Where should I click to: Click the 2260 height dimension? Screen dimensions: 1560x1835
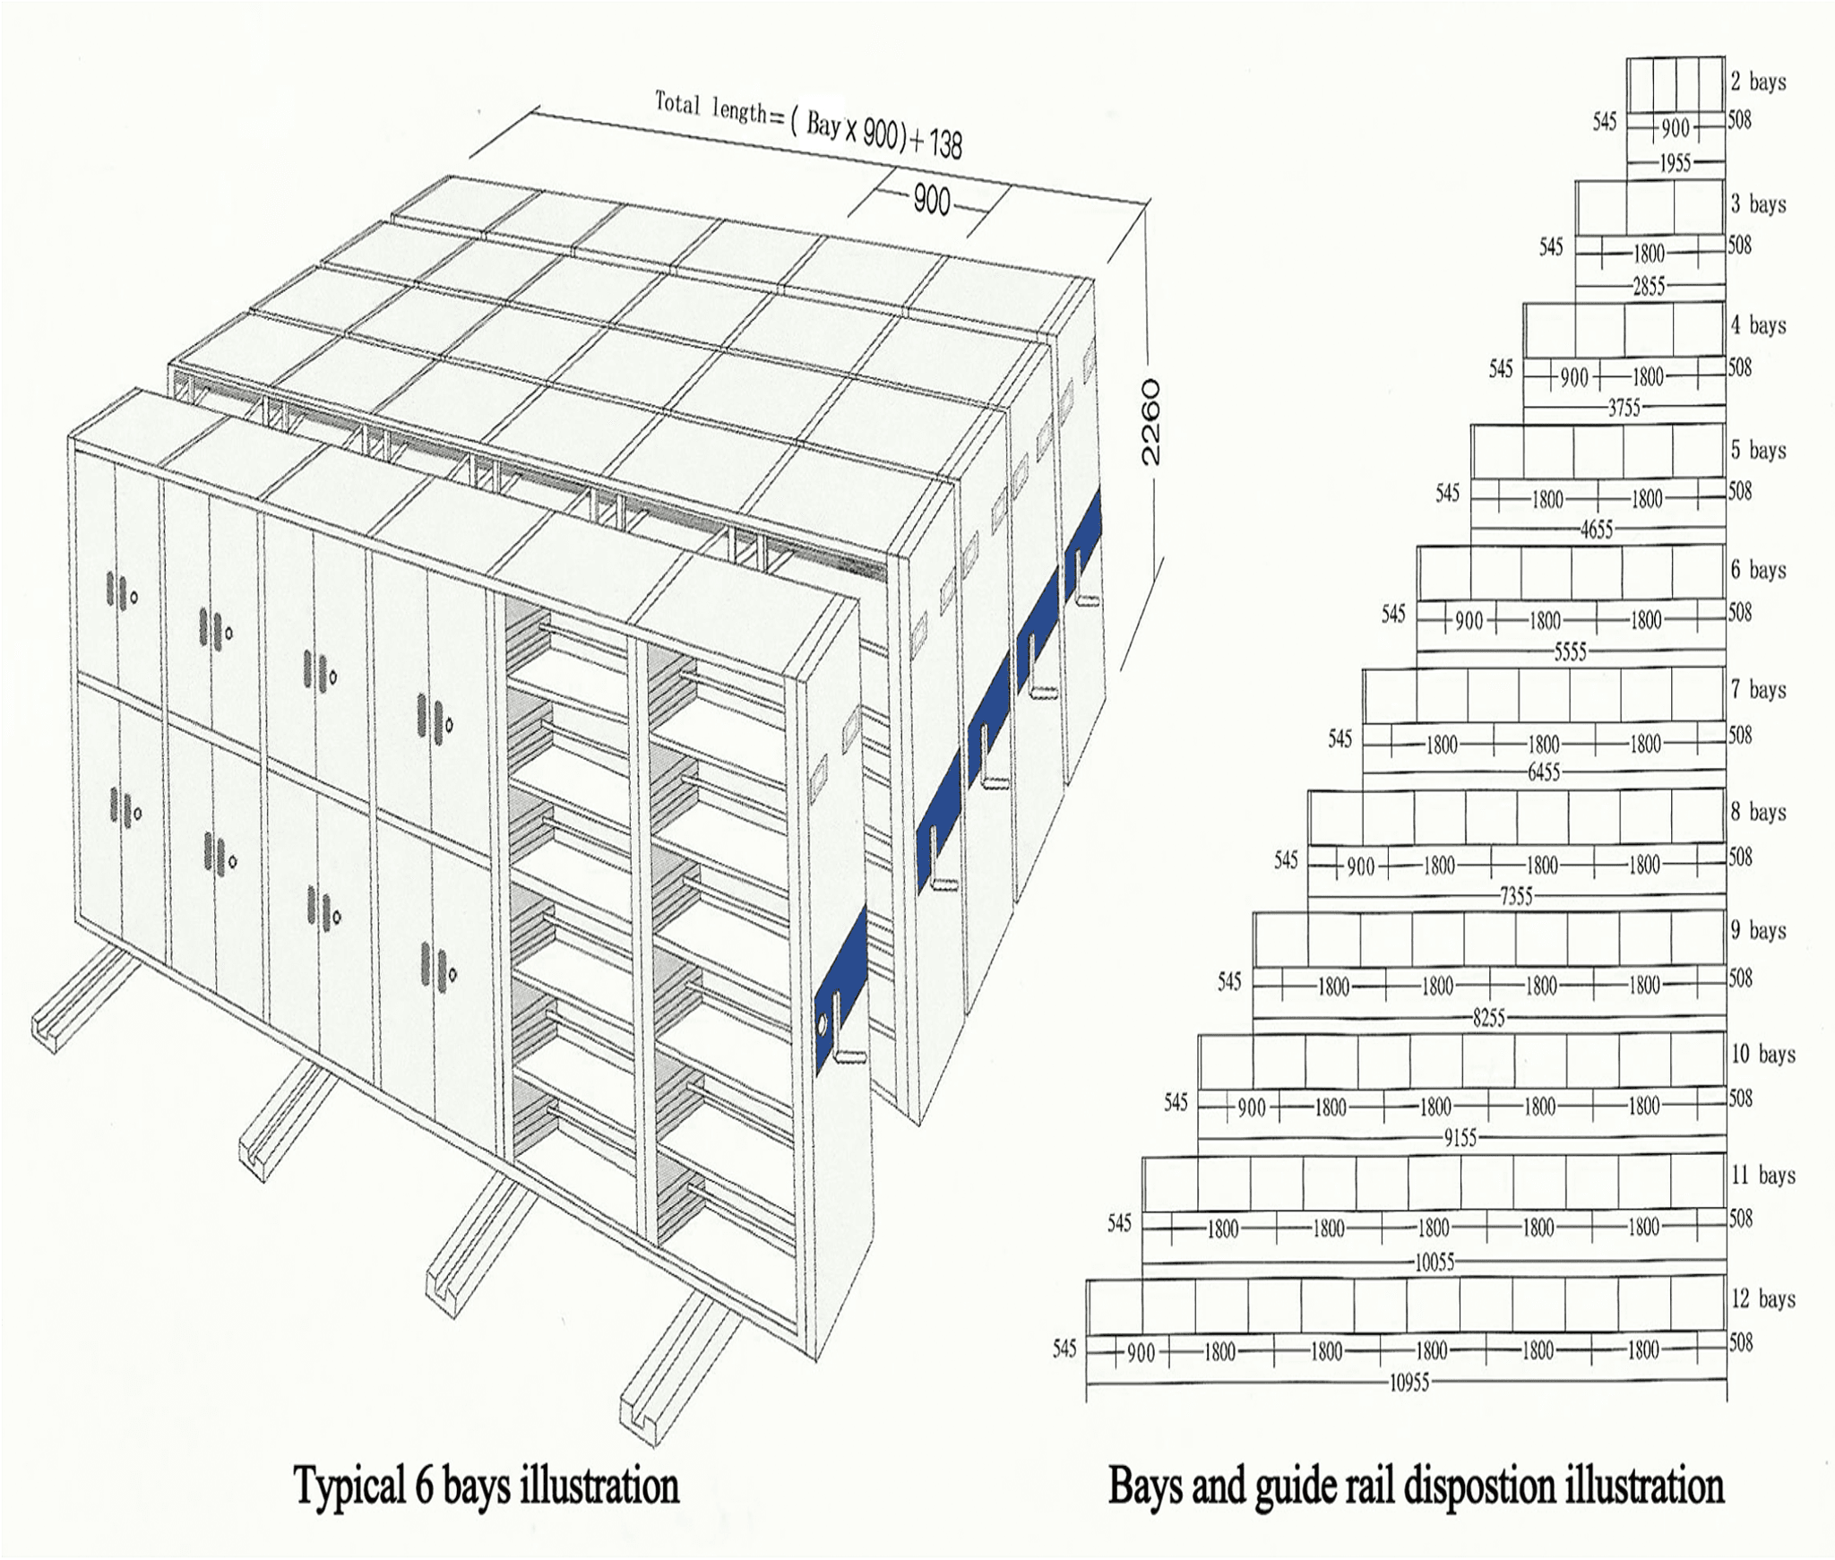pyautogui.click(x=1150, y=421)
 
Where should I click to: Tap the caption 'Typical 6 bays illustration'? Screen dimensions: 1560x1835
pyautogui.click(x=487, y=1485)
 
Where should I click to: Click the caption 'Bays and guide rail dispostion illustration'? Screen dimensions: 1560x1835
pyautogui.click(x=1416, y=1485)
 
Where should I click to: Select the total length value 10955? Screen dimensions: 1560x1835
pyautogui.click(x=1409, y=1383)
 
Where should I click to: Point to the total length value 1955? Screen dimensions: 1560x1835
pyautogui.click(x=1675, y=163)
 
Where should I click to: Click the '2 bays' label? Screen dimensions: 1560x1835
pyautogui.click(x=1758, y=82)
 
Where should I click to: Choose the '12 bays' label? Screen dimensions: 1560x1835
pyautogui.click(x=1762, y=1298)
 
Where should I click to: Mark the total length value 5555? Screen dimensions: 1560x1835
pyautogui.click(x=1570, y=652)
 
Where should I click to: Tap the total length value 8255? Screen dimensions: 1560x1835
pyautogui.click(x=1488, y=1018)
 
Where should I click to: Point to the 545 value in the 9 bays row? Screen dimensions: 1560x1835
pyautogui.click(x=1229, y=982)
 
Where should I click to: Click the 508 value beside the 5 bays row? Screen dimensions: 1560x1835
pyautogui.click(x=1739, y=490)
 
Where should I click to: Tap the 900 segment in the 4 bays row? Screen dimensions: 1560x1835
pyautogui.click(x=1574, y=377)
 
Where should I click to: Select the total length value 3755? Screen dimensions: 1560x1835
pyautogui.click(x=1623, y=409)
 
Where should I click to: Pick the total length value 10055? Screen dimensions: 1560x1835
pyautogui.click(x=1434, y=1263)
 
